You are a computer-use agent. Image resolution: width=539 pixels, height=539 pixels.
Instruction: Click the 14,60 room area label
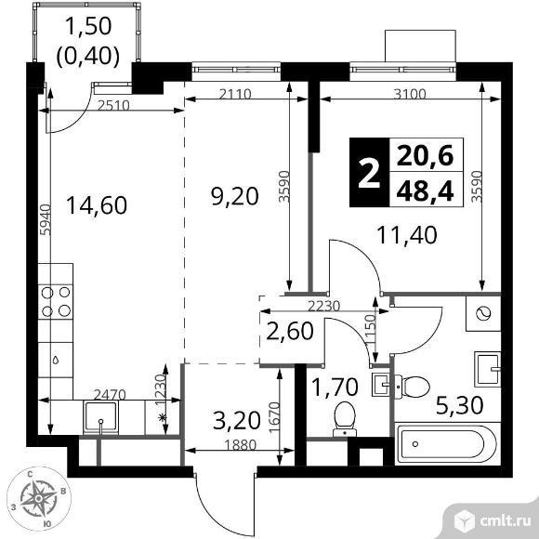point(97,205)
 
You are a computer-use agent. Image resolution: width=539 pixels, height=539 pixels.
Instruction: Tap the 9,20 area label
point(235,196)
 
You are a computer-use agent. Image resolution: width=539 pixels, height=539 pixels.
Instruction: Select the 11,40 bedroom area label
point(407,235)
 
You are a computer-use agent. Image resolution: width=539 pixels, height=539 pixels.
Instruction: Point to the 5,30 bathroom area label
point(460,405)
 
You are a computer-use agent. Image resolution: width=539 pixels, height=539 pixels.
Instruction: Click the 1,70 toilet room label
point(335,387)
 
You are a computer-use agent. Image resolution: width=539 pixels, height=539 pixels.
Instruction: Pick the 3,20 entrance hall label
point(236,421)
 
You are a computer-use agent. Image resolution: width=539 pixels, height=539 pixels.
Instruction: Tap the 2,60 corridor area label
point(290,331)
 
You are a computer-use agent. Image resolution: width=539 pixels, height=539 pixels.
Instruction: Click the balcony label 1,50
point(88,26)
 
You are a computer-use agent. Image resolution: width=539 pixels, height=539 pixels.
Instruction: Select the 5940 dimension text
point(46,219)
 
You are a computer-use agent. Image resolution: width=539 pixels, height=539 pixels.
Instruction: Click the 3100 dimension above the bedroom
point(410,94)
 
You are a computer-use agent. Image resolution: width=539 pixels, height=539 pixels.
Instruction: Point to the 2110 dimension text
point(235,94)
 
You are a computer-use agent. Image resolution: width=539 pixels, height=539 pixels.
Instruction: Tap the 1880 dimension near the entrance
point(241,445)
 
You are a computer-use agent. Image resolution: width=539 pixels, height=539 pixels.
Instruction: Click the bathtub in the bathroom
point(447,445)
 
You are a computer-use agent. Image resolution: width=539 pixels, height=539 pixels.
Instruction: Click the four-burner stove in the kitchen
point(56,302)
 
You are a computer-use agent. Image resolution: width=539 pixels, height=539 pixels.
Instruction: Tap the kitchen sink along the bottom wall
point(100,416)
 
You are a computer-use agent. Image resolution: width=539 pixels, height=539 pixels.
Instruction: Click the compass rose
point(38,497)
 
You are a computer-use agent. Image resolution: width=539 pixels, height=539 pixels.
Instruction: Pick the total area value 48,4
point(426,191)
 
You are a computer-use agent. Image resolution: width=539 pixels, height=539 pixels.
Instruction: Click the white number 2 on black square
point(369,173)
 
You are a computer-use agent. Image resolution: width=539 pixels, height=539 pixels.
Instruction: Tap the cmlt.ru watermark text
point(506,521)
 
